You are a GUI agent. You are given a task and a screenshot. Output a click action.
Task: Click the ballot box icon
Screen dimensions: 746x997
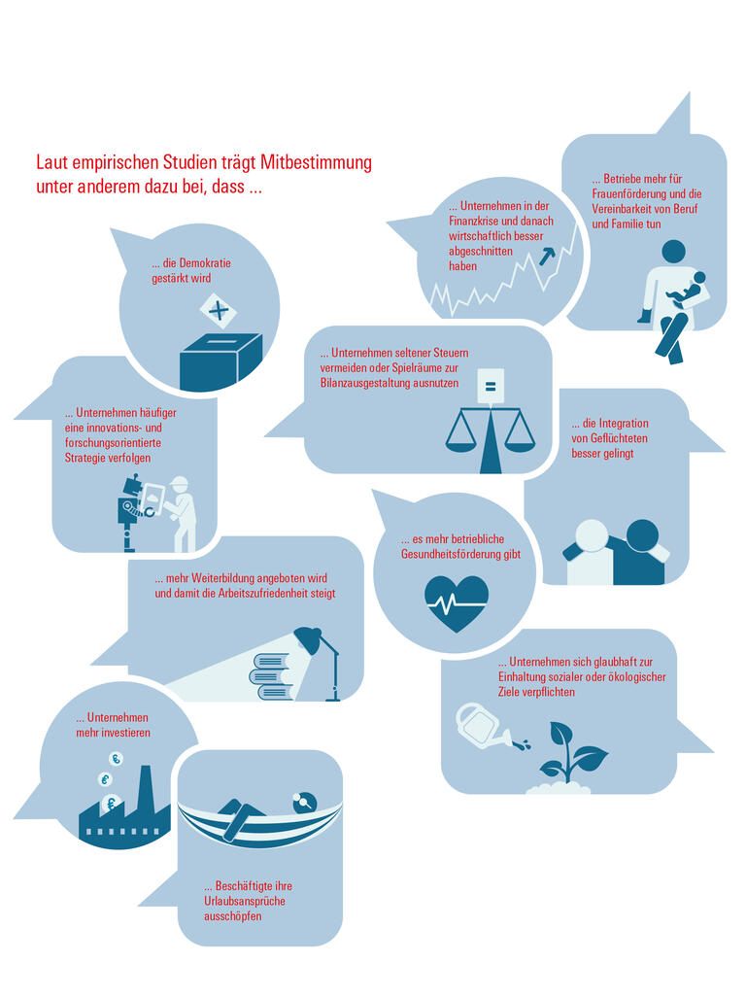pos(220,361)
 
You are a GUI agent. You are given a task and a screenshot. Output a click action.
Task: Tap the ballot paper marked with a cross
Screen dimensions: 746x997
pos(218,311)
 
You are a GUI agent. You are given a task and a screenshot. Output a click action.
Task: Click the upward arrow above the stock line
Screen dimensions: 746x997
pos(547,256)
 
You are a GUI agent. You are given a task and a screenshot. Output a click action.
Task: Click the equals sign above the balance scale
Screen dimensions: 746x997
pos(490,386)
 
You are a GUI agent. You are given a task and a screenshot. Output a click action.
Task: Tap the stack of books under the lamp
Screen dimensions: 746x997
pos(273,676)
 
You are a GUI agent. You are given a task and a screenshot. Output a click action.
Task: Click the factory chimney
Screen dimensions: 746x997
pos(145,787)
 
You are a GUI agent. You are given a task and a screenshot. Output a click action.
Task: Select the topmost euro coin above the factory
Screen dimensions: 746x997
pos(116,758)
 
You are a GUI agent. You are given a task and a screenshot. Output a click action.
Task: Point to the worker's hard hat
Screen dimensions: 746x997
pos(180,482)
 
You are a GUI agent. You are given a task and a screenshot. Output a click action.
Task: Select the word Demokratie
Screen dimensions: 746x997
pos(205,262)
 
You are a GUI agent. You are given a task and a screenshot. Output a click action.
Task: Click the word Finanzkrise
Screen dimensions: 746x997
pos(473,221)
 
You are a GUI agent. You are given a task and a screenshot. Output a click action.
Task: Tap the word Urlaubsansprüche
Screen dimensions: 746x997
pos(245,901)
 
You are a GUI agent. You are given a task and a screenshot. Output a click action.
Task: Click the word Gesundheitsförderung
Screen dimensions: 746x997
pos(451,554)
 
